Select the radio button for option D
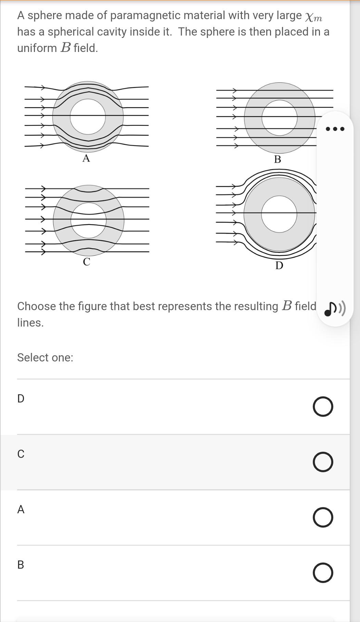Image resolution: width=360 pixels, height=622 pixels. pos(323,407)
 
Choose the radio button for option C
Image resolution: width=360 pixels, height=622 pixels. pos(323,462)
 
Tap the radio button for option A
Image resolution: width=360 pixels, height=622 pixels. pos(323,517)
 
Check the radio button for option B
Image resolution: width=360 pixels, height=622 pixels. pos(323,573)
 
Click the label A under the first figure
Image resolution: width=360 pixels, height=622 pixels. pos(86,158)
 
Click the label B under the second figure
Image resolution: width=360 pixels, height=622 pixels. pos(278,159)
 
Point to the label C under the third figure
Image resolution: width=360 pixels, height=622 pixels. pos(87,262)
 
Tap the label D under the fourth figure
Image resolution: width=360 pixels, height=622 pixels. pos(279,265)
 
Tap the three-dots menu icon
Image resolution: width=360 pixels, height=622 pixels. pos(335,129)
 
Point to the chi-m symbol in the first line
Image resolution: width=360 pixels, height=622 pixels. pos(313,16)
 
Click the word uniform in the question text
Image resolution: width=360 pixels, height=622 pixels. pos(37,48)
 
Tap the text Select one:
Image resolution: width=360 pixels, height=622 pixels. pos(45,357)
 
